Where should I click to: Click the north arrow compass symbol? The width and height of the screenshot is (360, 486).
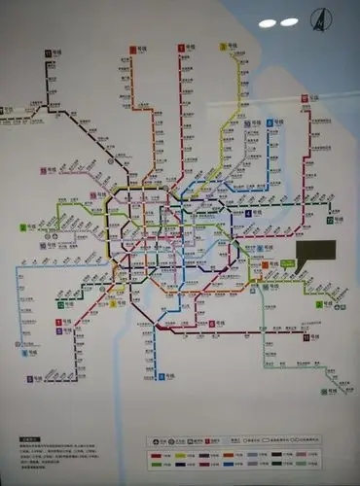317,18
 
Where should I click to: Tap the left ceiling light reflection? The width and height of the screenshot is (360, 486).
268,22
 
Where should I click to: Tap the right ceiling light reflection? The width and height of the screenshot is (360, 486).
289,21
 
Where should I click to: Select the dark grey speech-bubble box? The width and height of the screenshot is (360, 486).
316,250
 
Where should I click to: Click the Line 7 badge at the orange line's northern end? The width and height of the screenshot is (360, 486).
133,48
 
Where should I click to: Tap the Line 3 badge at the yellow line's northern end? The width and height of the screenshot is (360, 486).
223,47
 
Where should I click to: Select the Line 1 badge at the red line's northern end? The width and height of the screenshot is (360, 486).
181,47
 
